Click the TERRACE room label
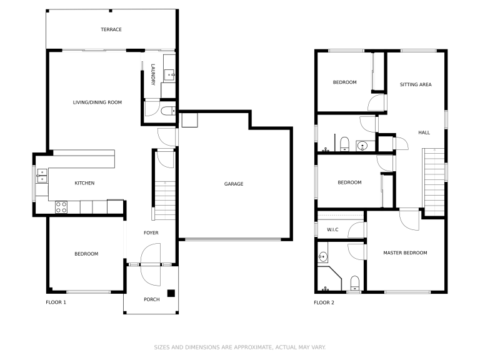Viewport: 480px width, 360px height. pyautogui.click(x=111, y=29)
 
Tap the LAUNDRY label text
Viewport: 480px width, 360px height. pyautogui.click(x=153, y=75)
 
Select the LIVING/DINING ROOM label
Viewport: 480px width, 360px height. pyautogui.click(x=97, y=102)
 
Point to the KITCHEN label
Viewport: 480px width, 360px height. pyautogui.click(x=84, y=183)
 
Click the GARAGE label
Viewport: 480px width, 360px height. pyautogui.click(x=234, y=184)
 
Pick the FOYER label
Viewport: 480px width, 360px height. pyautogui.click(x=151, y=233)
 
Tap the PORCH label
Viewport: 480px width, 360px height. pyautogui.click(x=151, y=299)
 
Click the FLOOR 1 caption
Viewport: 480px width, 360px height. pyautogui.click(x=56, y=302)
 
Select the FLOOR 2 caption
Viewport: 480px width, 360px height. pyautogui.click(x=324, y=302)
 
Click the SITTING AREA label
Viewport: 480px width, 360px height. pyautogui.click(x=416, y=84)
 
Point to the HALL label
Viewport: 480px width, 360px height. pyautogui.click(x=424, y=132)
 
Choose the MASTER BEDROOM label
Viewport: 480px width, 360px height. pyautogui.click(x=405, y=252)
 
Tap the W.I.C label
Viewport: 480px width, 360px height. pyautogui.click(x=332, y=230)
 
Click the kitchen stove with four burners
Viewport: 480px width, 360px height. pyautogui.click(x=61, y=206)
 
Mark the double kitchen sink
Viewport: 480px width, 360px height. pyautogui.click(x=42, y=176)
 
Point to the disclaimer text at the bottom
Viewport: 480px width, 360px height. pyautogui.click(x=240, y=347)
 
